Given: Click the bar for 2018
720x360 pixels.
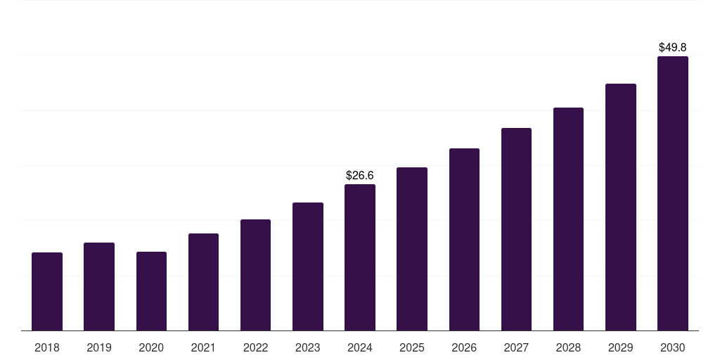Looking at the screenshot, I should tap(47, 291).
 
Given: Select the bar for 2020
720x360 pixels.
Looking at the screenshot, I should tap(151, 291).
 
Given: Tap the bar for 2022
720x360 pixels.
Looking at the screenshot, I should tap(255, 275).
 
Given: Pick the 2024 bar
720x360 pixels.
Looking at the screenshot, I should tap(360, 257).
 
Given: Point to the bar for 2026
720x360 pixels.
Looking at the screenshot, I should tap(464, 239).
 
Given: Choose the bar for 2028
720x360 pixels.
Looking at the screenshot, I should tap(568, 219).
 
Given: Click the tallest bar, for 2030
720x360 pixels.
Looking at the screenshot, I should tap(673, 193).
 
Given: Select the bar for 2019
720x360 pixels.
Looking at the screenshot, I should tap(99, 286).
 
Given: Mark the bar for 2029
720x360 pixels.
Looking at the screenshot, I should tap(621, 207).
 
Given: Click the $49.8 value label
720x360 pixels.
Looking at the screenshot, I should tap(673, 48).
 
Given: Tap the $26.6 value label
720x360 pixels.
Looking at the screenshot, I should tap(360, 175).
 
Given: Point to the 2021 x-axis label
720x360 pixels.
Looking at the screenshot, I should tap(203, 347).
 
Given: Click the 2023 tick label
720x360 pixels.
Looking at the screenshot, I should tap(308, 347).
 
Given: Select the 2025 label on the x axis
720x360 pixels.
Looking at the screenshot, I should tap(412, 347).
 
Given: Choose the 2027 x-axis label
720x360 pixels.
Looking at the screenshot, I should tap(516, 347).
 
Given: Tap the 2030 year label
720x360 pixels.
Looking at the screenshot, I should tap(673, 347).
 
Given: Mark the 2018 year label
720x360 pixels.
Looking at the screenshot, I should tap(47, 347).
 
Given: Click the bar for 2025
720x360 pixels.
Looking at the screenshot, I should tap(412, 249).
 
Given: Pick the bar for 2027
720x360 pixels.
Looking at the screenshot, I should tap(516, 229).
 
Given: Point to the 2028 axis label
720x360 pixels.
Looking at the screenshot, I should tap(568, 347).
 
